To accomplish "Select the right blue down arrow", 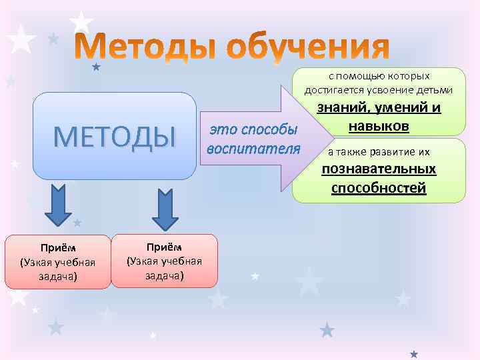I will coord(165,209).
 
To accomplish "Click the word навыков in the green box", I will coord(379,126).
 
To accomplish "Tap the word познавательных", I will coord(379,169).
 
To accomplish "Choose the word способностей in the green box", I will coord(379,188).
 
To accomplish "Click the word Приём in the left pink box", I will coord(58,249).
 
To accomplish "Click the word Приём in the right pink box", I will coord(164,246).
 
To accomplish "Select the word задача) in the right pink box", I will coord(164,275).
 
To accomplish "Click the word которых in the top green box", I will coord(406,76).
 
